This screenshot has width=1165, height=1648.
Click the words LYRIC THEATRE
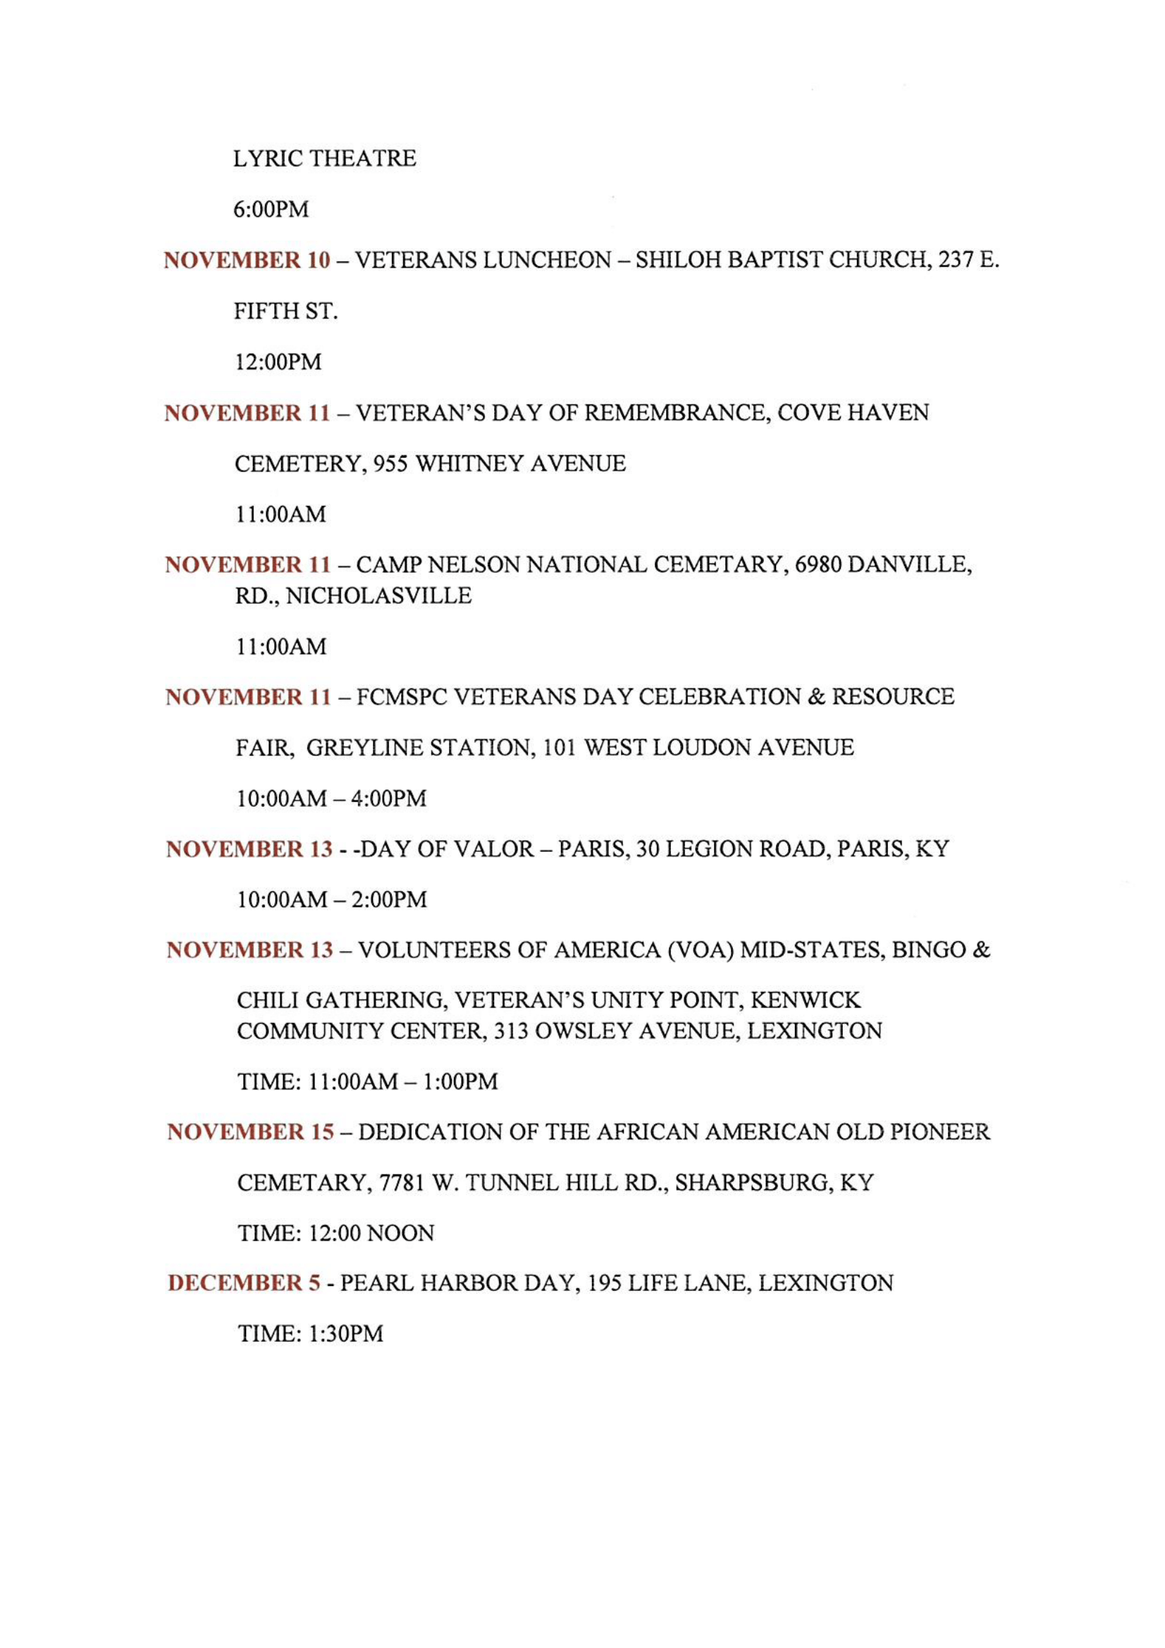click(x=324, y=158)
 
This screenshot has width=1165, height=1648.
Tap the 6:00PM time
click(x=271, y=209)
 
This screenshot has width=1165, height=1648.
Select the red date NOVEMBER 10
click(x=247, y=260)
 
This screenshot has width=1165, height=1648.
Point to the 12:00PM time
click(x=278, y=361)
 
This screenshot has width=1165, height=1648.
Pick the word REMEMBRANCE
click(x=672, y=413)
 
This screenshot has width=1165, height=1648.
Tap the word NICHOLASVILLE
click(x=378, y=596)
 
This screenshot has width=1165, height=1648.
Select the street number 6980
click(x=818, y=565)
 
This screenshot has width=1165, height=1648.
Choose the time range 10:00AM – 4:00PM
click(x=331, y=799)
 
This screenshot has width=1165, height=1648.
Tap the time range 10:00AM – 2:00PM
click(x=332, y=899)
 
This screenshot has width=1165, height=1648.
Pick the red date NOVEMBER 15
click(x=250, y=1132)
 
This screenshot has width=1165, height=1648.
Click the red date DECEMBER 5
click(x=244, y=1282)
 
